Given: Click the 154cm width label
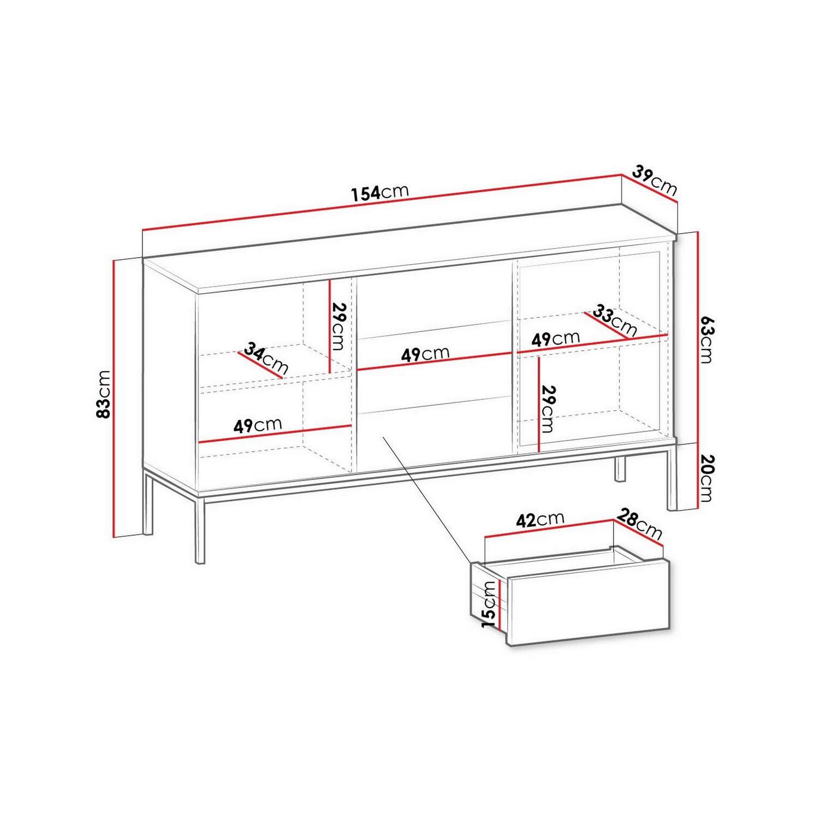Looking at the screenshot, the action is pyautogui.click(x=380, y=192).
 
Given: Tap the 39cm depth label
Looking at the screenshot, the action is pyautogui.click(x=655, y=180).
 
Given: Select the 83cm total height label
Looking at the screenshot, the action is pyautogui.click(x=103, y=394).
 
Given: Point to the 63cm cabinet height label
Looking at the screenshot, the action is pyautogui.click(x=707, y=339).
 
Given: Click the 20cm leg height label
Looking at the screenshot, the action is pyautogui.click(x=707, y=478).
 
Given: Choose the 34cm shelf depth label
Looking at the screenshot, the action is pyautogui.click(x=266, y=358).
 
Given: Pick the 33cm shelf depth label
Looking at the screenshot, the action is pyautogui.click(x=615, y=321).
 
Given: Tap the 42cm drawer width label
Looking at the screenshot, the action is pyautogui.click(x=540, y=519).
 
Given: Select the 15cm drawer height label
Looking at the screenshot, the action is pyautogui.click(x=489, y=604).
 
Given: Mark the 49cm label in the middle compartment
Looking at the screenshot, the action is pyautogui.click(x=425, y=354).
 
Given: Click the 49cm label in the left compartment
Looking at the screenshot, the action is pyautogui.click(x=258, y=425).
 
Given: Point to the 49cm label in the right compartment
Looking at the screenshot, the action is pyautogui.click(x=555, y=339).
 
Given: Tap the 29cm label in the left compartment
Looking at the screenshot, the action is pyautogui.click(x=339, y=327).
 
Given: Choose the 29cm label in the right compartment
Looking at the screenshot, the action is pyautogui.click(x=547, y=409).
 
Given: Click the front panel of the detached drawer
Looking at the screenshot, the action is pyautogui.click(x=589, y=603).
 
